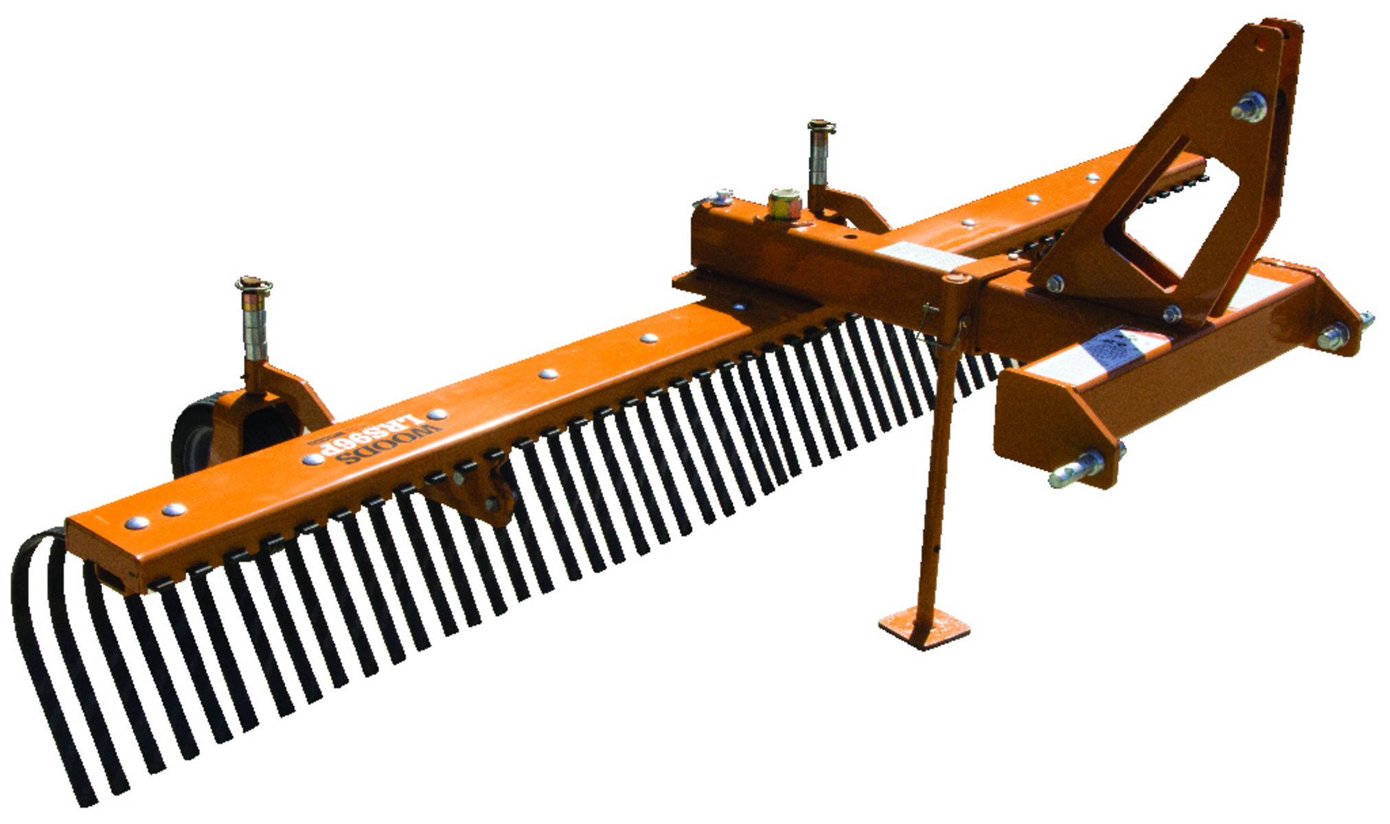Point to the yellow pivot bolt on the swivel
784,204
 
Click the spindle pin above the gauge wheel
255,319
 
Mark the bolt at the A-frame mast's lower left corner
1055,283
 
